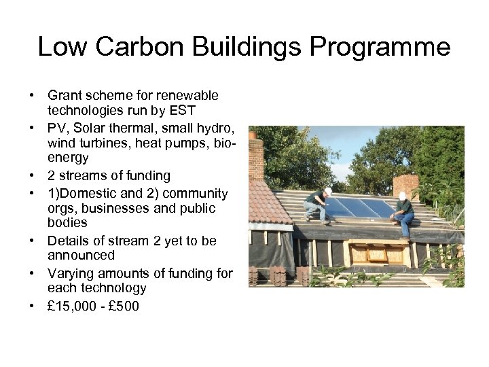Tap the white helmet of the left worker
click(x=327, y=192)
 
